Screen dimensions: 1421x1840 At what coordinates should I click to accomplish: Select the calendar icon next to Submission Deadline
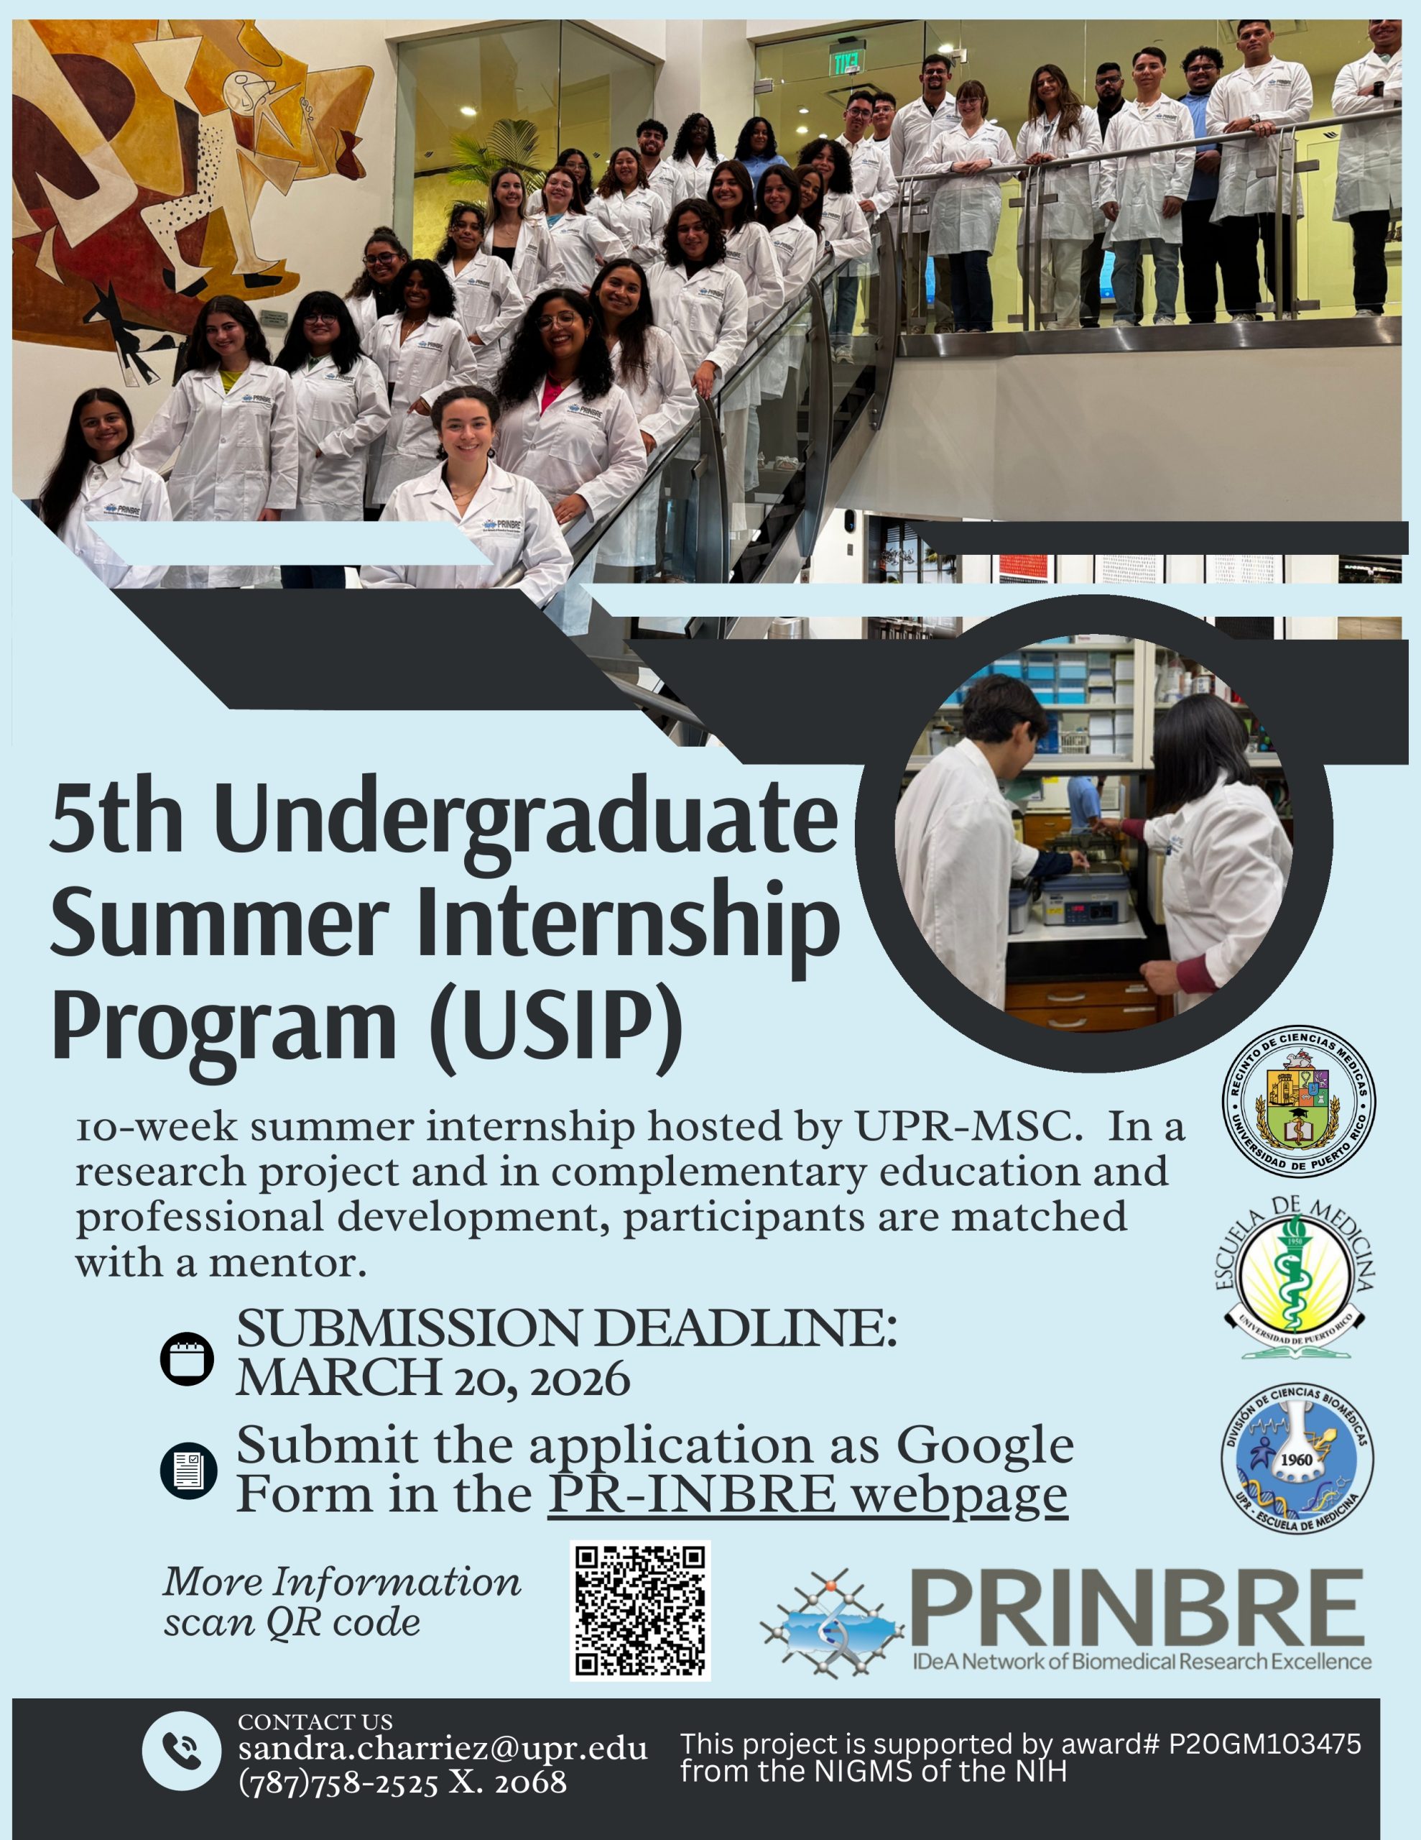(187, 1358)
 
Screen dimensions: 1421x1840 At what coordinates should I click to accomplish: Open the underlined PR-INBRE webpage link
(807, 1494)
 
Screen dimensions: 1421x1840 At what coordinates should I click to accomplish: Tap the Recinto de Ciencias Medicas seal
(1299, 1102)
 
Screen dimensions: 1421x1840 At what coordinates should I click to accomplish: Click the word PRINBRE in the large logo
(1137, 1609)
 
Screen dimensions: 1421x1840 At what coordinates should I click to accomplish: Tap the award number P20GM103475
(1264, 1744)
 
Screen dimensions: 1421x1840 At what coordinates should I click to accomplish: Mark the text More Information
(342, 1582)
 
